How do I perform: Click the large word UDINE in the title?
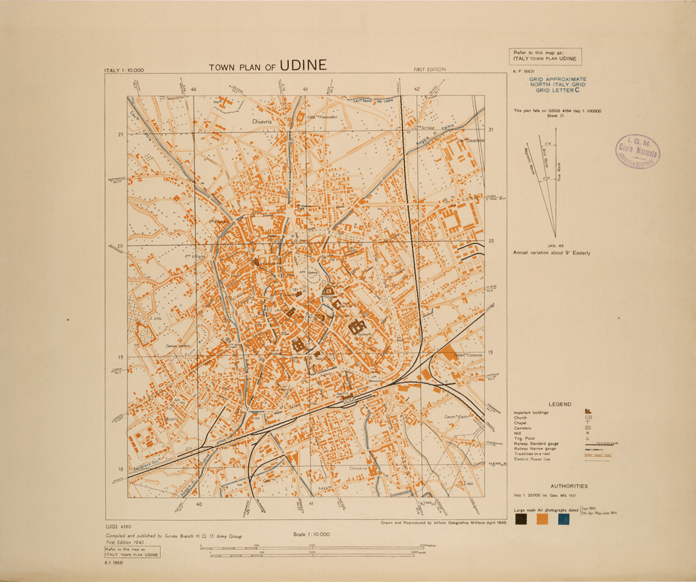303,65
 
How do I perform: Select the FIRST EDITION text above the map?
429,69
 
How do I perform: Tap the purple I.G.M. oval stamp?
638,152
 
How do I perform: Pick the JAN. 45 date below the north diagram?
547,245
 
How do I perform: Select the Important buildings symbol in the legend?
588,412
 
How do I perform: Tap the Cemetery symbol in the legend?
588,428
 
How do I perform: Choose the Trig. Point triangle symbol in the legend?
588,438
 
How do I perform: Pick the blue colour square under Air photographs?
564,519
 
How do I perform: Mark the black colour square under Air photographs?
520,519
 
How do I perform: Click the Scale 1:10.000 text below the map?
311,534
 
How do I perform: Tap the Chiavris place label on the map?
263,122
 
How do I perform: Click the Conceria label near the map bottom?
357,468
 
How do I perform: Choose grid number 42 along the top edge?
416,89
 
